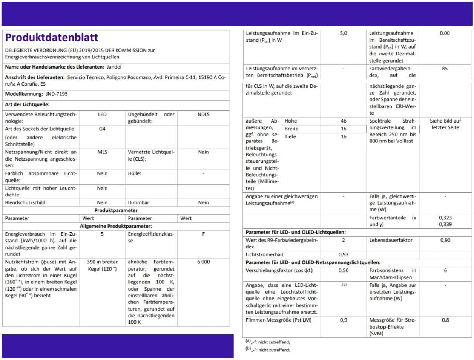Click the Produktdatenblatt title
[52, 37]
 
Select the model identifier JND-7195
[57, 94]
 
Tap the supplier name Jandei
[114, 67]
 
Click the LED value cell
[102, 114]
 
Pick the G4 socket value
[102, 129]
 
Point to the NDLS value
[203, 114]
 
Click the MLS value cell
[102, 152]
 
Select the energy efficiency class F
[203, 234]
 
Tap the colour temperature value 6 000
[203, 262]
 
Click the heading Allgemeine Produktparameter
[116, 226]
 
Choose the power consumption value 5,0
[343, 33]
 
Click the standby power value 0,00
[445, 33]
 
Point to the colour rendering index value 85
[445, 69]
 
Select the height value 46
[343, 121]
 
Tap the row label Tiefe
[290, 136]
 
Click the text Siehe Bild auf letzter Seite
[445, 124]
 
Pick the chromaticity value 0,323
[445, 218]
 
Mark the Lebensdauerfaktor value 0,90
[445, 240]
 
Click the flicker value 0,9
[343, 320]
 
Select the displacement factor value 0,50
[343, 271]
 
